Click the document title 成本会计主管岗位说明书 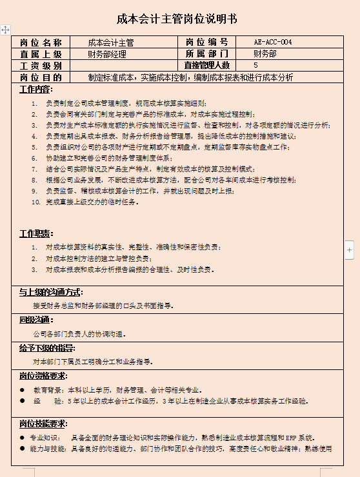177,19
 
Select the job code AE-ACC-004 274,43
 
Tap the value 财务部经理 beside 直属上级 107,54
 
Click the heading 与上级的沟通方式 50,291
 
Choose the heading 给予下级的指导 46,347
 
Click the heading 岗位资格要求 43,376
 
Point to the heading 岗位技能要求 43,423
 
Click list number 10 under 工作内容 36,202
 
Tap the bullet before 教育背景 23,390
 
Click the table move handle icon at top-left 5,30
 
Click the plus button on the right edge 350,249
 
